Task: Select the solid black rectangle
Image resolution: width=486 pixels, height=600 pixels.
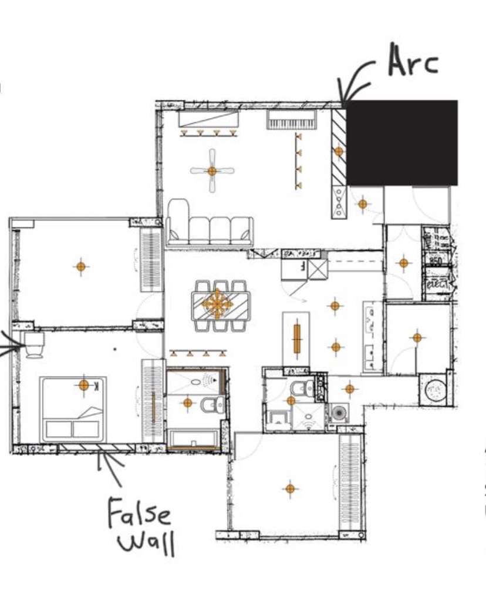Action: (402, 143)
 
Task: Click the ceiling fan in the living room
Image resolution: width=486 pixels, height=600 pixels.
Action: (212, 171)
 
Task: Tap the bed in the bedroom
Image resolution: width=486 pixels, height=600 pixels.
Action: (73, 409)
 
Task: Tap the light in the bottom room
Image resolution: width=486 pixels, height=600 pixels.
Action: (289, 488)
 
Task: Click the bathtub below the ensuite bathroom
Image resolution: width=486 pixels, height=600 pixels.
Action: (194, 439)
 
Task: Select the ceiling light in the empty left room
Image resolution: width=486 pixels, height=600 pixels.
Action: (81, 267)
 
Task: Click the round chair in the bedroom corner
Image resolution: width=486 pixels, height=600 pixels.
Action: (34, 344)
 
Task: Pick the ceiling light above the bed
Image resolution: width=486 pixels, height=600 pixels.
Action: (84, 386)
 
